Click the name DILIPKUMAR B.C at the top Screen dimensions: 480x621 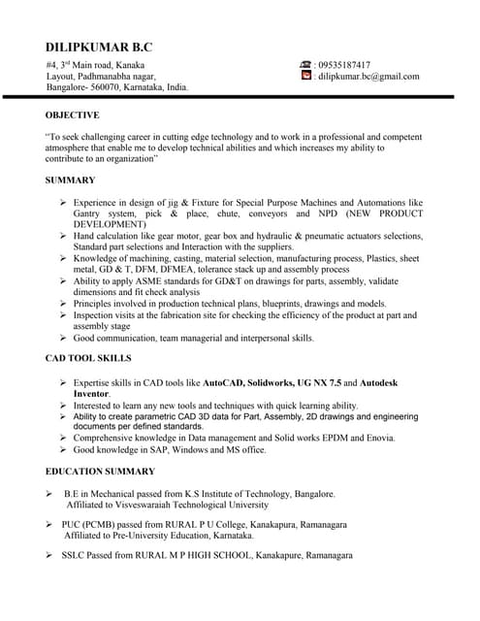coord(99,48)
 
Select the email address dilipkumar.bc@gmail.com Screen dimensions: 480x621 coord(369,76)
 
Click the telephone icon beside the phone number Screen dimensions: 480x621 coord(306,65)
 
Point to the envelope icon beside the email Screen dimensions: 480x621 coord(306,76)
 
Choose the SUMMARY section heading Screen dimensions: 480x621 coord(70,180)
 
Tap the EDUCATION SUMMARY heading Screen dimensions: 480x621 coord(100,472)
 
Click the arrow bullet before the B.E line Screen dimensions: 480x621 coord(49,494)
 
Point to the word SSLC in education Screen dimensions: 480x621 coord(78,555)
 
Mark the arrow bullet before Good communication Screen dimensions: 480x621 coord(63,338)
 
